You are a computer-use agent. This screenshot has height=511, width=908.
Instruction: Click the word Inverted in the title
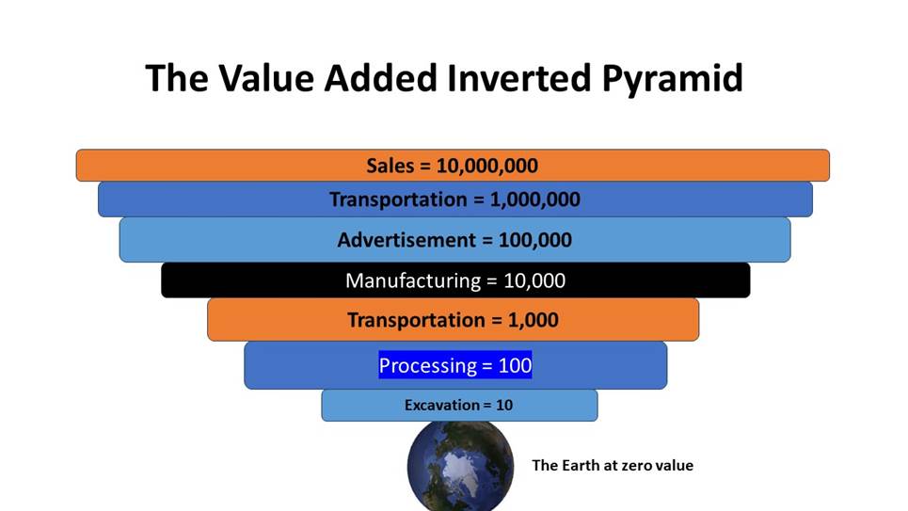[518, 77]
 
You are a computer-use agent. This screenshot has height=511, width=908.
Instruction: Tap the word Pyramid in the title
[673, 79]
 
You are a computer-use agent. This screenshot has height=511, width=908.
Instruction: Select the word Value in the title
[265, 77]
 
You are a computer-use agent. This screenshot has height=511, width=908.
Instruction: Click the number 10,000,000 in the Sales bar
[487, 166]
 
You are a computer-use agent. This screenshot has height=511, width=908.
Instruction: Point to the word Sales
[390, 166]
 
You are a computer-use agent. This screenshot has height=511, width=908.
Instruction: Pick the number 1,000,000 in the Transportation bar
[535, 200]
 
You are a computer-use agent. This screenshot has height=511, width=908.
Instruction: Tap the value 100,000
[535, 240]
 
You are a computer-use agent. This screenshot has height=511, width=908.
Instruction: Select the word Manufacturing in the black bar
[413, 281]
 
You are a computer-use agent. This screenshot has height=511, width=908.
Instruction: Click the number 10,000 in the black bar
[534, 281]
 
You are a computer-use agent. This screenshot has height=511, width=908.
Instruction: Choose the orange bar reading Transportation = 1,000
[453, 320]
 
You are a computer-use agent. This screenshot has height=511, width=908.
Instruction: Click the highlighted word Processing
[428, 365]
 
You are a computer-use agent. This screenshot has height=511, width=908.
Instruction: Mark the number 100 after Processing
[515, 365]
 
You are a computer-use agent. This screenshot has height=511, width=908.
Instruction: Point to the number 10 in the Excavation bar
[504, 405]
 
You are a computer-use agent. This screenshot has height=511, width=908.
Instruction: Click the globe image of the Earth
[460, 466]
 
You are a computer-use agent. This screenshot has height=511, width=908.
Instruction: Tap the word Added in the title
[380, 77]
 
